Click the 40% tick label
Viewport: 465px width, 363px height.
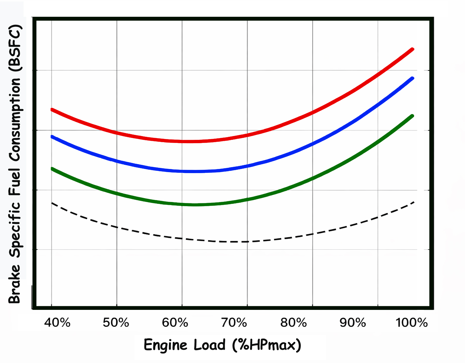coord(57,323)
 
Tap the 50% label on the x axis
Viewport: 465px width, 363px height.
coord(116,323)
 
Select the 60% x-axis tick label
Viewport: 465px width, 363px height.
coord(175,323)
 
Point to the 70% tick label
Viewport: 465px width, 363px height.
coord(234,323)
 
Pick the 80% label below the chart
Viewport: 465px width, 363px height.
coord(293,323)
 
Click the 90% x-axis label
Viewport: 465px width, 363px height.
coord(353,323)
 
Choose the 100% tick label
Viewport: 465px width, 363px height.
coord(412,323)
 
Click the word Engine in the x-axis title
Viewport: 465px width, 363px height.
coord(165,345)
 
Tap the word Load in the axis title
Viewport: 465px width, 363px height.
coord(210,345)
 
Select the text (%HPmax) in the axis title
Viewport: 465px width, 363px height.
coord(267,345)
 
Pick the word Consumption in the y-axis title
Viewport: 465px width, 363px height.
coord(15,120)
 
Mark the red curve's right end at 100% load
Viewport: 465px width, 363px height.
coord(412,49)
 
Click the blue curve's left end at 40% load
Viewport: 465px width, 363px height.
coord(52,137)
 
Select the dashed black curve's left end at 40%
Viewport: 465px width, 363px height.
coord(52,203)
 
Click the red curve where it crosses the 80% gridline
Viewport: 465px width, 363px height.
coord(313,112)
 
